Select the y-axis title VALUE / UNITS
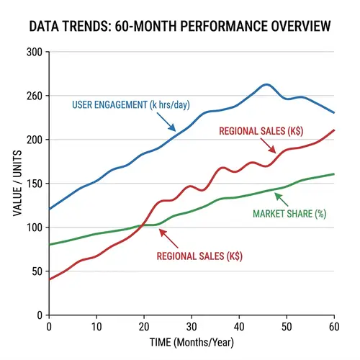[17, 184]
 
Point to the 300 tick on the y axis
[33, 52]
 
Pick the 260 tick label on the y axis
[33, 96]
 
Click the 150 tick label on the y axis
[33, 184]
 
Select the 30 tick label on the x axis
[190, 327]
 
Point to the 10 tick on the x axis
[96, 327]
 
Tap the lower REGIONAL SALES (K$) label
[201, 256]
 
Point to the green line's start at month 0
[49, 245]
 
